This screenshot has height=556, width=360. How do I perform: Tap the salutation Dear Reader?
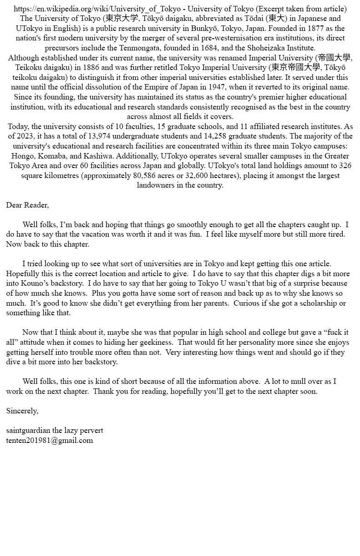coord(27,205)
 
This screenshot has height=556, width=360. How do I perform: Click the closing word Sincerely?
coord(22,411)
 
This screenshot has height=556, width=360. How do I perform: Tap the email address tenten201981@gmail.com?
coord(49,440)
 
